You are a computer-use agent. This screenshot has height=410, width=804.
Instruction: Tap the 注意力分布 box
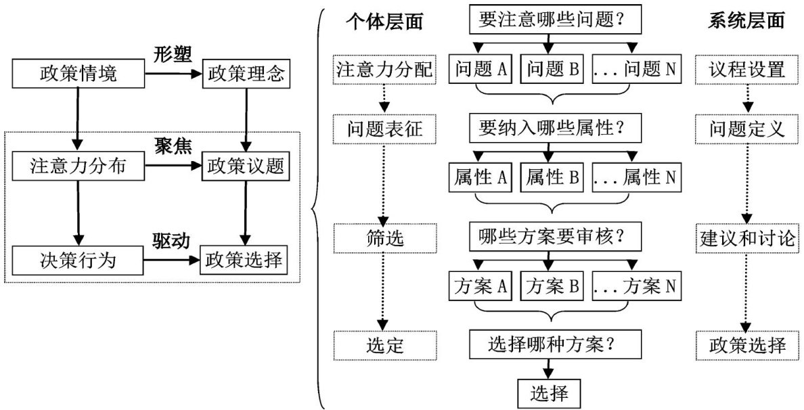click(x=79, y=166)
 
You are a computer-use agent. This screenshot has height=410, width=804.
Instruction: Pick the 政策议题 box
click(x=246, y=166)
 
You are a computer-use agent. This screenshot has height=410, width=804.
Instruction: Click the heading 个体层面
click(x=384, y=22)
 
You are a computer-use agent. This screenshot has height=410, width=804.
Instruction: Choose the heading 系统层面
click(x=747, y=22)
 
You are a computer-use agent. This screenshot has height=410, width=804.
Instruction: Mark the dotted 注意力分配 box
click(x=383, y=69)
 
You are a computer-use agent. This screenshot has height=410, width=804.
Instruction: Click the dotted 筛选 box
click(x=383, y=238)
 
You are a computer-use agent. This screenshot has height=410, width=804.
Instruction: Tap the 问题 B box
click(x=551, y=69)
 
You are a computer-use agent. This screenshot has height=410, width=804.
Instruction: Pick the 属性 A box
click(x=481, y=178)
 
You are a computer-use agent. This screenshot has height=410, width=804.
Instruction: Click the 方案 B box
click(x=551, y=287)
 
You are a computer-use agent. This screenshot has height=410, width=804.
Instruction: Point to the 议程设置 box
click(x=747, y=69)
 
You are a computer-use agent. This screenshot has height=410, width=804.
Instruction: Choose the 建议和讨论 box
click(x=747, y=238)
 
